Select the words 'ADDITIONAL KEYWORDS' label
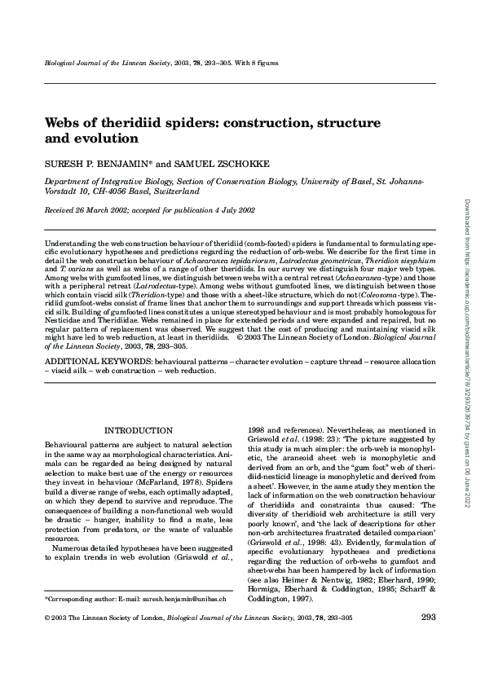tap(92, 359)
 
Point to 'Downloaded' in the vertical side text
tap(465, 216)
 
